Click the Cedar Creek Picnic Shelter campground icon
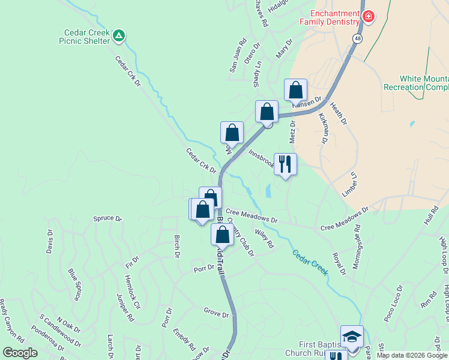point(119,37)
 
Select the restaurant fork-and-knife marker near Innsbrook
point(285,163)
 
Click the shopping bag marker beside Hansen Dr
point(295,91)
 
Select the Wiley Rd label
point(264,241)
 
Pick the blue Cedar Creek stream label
point(310,262)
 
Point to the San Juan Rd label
point(238,56)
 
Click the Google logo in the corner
point(20,353)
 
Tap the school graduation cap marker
point(351,336)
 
